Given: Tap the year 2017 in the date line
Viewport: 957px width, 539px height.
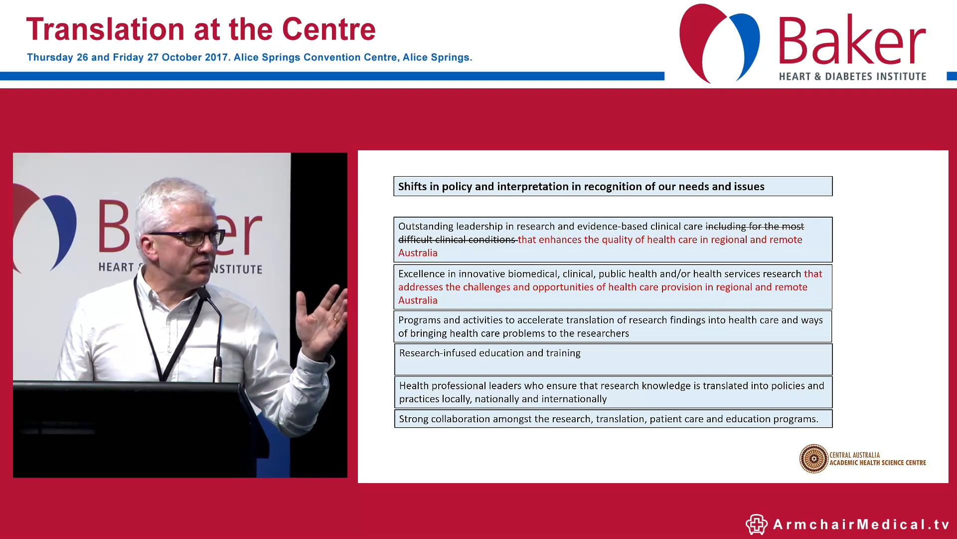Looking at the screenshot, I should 216,57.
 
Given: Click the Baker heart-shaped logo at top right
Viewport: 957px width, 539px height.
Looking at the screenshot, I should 719,42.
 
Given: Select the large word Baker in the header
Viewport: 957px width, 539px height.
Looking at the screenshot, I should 851,41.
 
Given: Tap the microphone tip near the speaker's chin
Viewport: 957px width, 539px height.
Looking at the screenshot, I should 202,292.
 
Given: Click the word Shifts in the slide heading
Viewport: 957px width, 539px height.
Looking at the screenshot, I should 412,187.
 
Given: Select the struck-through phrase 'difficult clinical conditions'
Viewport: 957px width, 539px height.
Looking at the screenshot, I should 457,240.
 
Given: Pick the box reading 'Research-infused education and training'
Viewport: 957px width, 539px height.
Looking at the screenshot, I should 613,359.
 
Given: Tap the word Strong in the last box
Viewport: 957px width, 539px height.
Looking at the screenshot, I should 413,419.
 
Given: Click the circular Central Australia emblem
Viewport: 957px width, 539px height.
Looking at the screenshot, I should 813,459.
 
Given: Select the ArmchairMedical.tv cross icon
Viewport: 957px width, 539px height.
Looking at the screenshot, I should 756,525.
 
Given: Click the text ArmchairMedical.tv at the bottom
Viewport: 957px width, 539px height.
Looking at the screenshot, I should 861,525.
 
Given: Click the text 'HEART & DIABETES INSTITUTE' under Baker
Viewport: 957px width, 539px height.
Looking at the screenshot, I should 852,76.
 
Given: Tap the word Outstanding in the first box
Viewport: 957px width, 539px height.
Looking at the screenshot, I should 425,227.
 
